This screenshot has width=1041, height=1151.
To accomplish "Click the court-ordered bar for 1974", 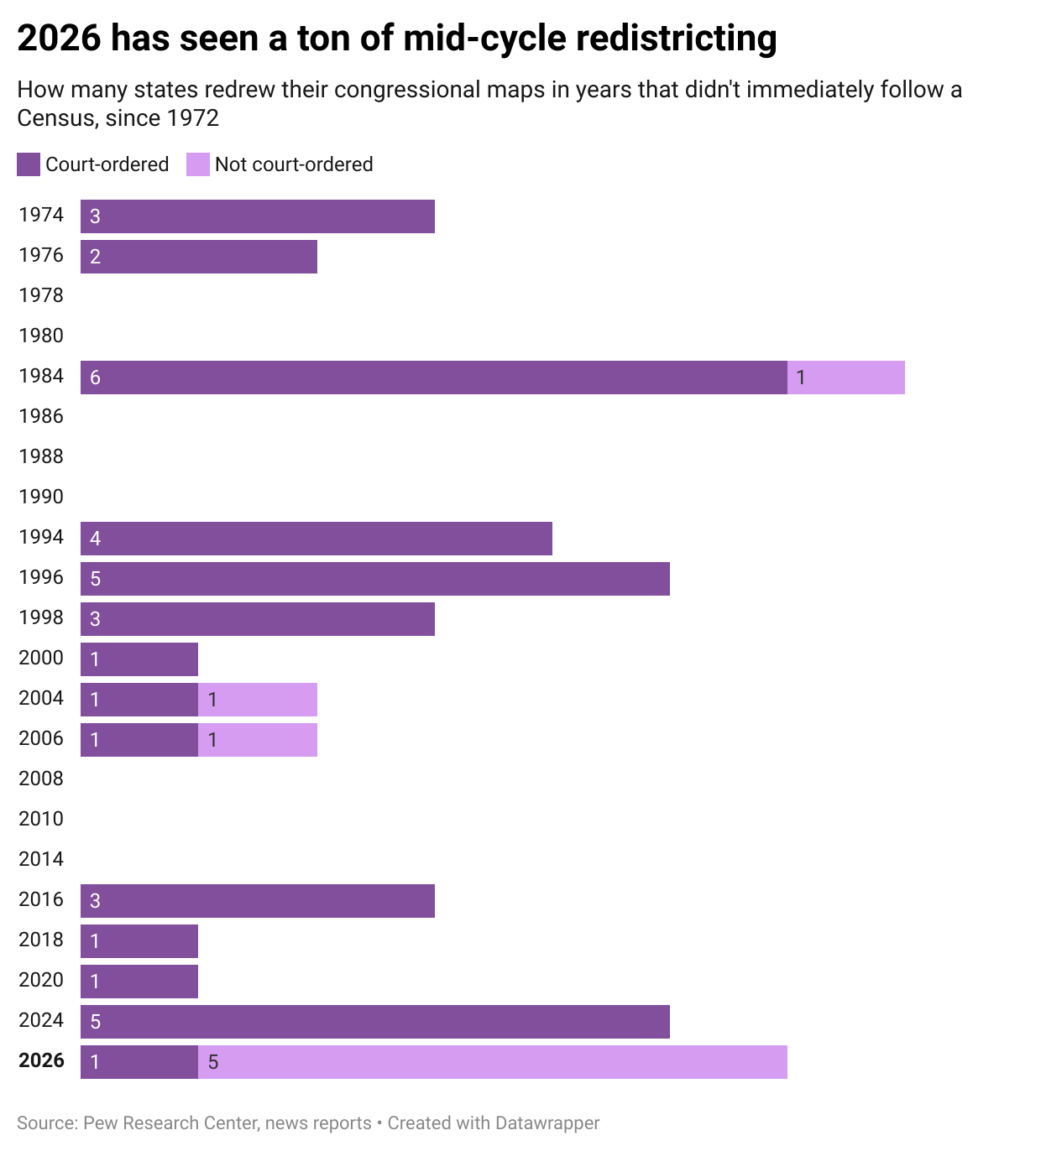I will coord(258,216).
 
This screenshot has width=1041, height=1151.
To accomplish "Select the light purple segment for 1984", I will coord(846,378).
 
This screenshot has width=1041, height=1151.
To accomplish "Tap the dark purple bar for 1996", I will coord(375,579).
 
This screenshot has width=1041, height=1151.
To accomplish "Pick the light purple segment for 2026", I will coord(493,1062).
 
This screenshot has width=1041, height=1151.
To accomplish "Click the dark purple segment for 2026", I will coord(139,1062).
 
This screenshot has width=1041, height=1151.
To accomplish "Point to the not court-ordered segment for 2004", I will coord(258,700).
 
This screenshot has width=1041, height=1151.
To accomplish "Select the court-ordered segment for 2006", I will coord(139,740).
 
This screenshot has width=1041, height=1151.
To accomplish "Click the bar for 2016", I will coord(258,901).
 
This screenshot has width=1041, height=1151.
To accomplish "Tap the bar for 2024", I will coord(375,1022).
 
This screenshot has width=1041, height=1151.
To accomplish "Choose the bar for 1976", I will coord(199,257).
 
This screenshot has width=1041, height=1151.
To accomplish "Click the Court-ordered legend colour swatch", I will coord(29,164).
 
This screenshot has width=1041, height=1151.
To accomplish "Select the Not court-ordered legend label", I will coord(294,164).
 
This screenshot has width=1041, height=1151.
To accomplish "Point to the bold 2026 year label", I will coord(41,1060).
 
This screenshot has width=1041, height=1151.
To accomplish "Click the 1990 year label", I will coord(41,497).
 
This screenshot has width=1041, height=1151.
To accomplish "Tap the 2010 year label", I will coord(41,819).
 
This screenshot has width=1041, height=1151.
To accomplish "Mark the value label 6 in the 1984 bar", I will coord(96,378).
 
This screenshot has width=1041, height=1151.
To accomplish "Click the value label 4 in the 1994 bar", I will coord(96,539).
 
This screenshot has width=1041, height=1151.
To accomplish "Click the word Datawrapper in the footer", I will coord(547,1123).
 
